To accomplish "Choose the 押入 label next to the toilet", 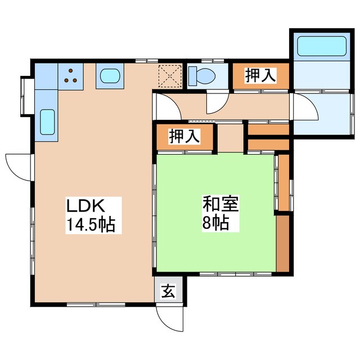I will [260, 76].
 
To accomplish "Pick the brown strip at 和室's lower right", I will [283, 242].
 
